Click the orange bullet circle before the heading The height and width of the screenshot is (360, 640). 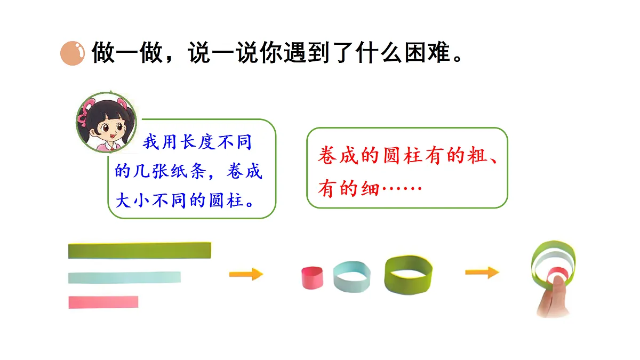point(73,53)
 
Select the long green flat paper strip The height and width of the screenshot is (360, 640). point(140,251)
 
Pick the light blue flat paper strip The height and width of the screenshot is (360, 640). point(124,277)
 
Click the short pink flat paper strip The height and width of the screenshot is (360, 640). point(103,302)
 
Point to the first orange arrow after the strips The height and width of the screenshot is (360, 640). point(246,274)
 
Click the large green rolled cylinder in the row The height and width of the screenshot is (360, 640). point(409,274)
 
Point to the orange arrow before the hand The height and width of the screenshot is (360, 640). point(482,273)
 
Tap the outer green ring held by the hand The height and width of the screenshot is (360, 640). point(554,249)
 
